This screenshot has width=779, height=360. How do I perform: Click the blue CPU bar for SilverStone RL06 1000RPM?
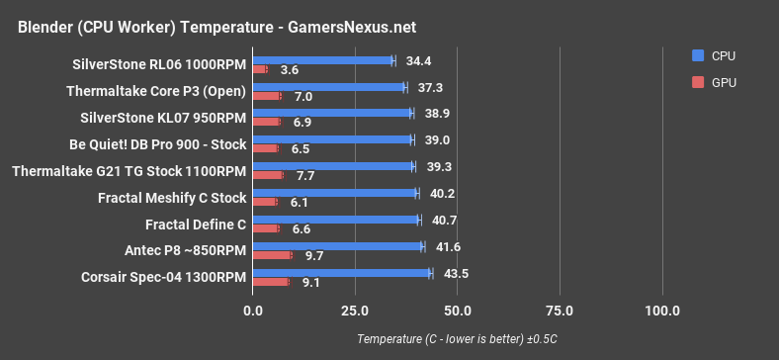(x=323, y=60)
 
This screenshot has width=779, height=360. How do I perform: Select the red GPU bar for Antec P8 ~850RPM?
(x=272, y=255)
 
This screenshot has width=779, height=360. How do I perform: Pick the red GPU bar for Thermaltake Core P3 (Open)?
(x=267, y=96)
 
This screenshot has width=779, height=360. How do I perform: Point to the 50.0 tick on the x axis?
(x=458, y=311)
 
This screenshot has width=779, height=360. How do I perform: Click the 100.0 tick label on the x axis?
(x=661, y=311)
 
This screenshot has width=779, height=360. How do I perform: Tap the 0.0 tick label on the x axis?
(x=253, y=311)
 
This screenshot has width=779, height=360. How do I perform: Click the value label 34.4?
(x=418, y=60)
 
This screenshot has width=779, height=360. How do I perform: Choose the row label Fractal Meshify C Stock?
(x=172, y=198)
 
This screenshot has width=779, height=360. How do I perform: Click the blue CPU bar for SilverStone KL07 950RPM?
(x=332, y=113)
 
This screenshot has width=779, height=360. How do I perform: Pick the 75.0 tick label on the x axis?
(x=560, y=311)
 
